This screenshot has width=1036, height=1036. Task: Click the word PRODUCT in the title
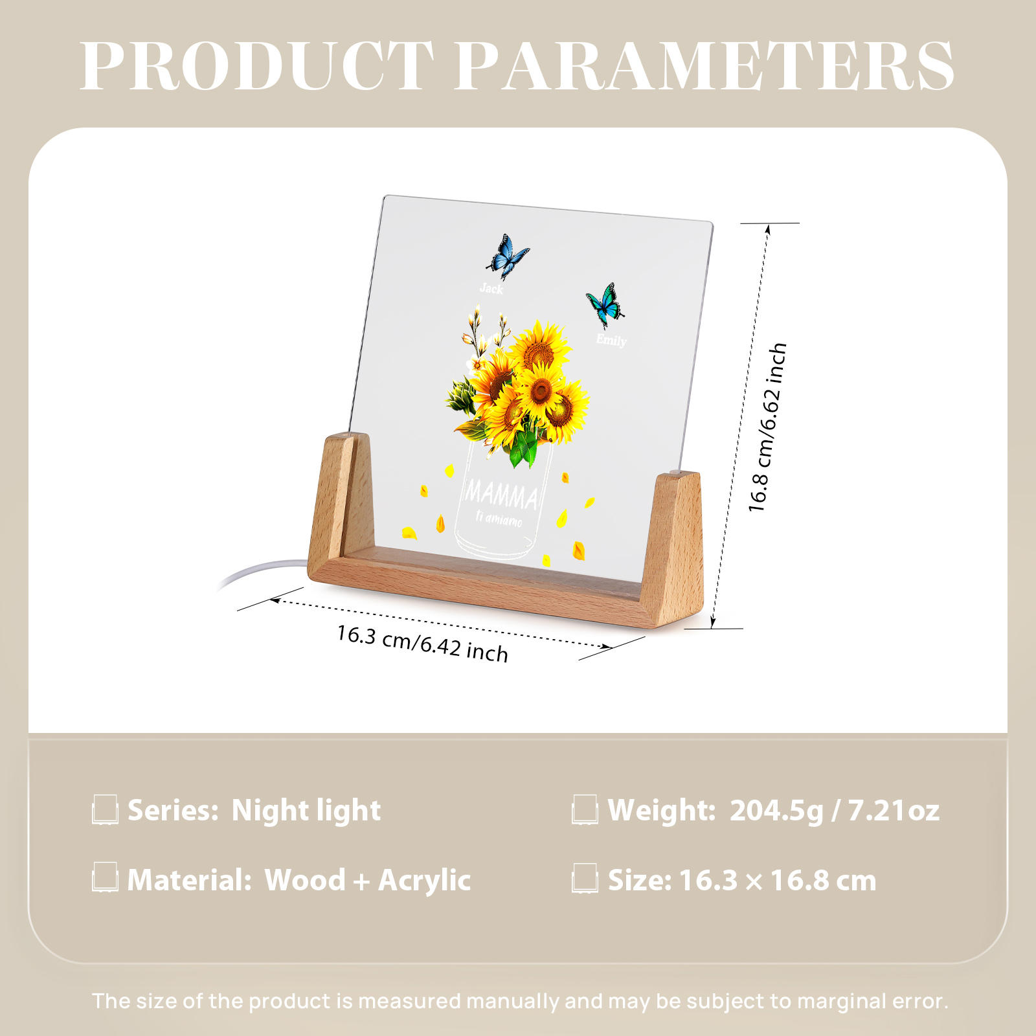tap(257, 65)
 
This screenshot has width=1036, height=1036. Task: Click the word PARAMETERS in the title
tap(704, 65)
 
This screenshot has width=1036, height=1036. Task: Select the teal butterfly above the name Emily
tap(605, 306)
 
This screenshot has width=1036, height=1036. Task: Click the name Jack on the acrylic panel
tap(491, 288)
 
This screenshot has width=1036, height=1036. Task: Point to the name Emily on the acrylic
tap(611, 340)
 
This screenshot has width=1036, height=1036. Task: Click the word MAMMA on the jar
tap(502, 495)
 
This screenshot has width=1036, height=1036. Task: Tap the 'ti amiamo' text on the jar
tap(499, 519)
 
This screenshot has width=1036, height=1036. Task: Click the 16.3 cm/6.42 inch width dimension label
tap(422, 643)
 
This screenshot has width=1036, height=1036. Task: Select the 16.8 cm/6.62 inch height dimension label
tap(767, 427)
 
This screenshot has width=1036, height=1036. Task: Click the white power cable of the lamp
tap(262, 571)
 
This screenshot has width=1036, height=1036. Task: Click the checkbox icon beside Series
tap(105, 810)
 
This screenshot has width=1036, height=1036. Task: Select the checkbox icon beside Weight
tap(585, 810)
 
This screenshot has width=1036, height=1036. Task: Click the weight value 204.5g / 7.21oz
tap(835, 810)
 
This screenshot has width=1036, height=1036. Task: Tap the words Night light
tap(306, 811)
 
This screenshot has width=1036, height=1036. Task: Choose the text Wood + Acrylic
tap(368, 880)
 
